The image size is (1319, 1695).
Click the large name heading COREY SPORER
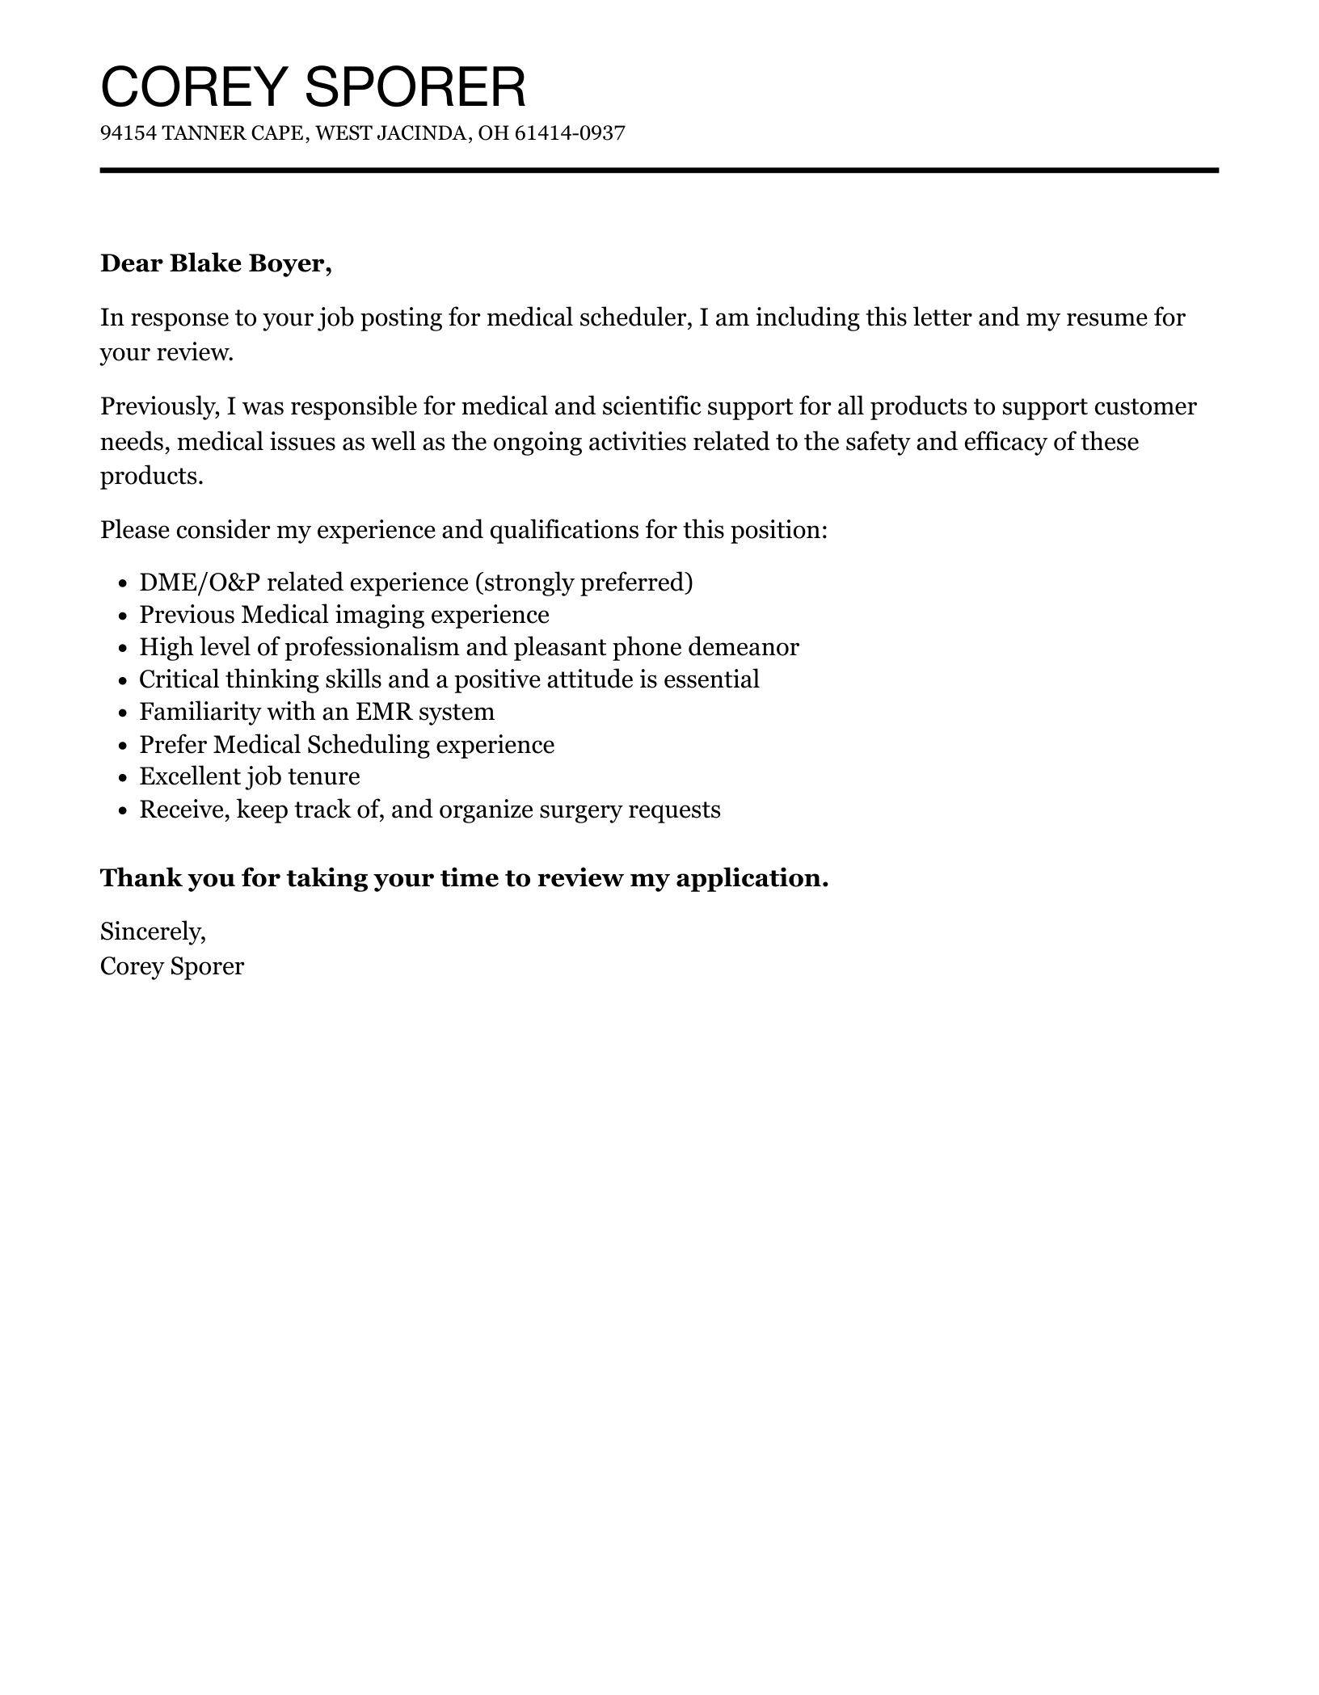click(313, 86)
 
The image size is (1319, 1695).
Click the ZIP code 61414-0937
click(570, 133)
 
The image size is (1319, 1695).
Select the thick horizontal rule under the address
click(659, 170)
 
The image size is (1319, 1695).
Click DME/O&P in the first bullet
click(201, 583)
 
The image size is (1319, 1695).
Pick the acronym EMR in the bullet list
click(383, 712)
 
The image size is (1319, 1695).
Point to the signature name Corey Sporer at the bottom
click(172, 966)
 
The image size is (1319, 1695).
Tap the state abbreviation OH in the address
click(493, 133)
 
